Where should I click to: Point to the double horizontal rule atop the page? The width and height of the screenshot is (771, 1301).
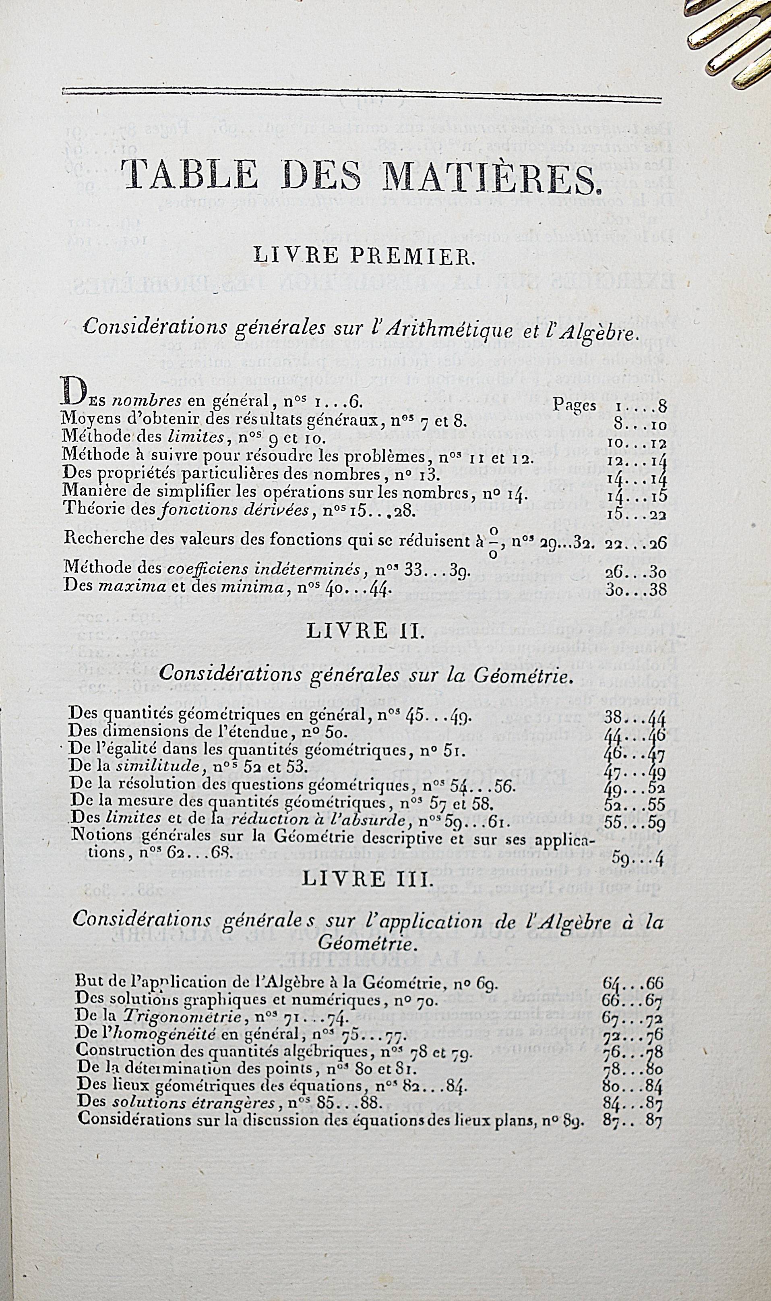click(362, 92)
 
